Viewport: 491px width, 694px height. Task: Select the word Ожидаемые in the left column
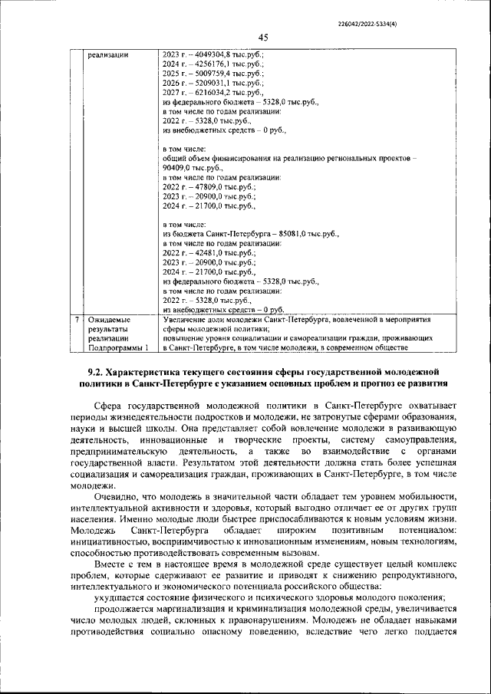(109, 318)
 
